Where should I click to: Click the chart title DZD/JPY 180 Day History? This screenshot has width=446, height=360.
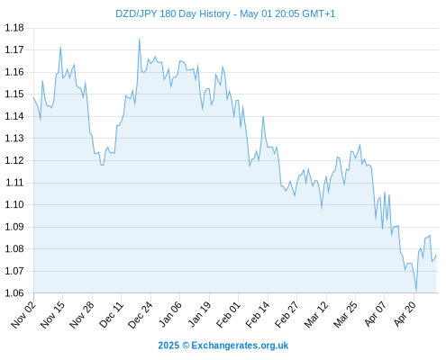(x=173, y=13)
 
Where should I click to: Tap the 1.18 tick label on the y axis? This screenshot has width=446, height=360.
(x=14, y=28)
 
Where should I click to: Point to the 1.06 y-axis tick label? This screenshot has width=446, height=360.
(x=14, y=293)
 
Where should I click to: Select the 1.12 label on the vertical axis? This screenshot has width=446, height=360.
(x=14, y=160)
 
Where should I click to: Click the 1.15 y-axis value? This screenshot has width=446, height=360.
(x=14, y=94)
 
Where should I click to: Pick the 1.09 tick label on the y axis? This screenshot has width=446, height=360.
(x=14, y=227)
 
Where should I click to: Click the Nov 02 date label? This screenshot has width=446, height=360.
(x=23, y=315)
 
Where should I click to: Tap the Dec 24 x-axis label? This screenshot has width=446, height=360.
(x=141, y=315)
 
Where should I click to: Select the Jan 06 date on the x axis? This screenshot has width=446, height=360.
(x=170, y=315)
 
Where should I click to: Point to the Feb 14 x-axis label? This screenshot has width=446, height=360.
(x=258, y=315)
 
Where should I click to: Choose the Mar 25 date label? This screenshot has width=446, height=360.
(x=345, y=315)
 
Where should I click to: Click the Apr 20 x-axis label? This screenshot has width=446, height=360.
(x=405, y=314)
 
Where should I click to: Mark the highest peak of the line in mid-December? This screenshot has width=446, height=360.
(x=139, y=39)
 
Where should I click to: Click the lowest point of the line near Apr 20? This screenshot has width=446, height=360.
(x=416, y=292)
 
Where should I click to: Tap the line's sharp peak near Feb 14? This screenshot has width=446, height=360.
(x=263, y=116)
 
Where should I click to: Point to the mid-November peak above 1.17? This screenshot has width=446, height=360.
(x=60, y=47)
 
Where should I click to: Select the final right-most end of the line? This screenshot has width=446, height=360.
(x=436, y=255)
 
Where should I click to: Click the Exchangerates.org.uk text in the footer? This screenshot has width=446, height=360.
(x=240, y=346)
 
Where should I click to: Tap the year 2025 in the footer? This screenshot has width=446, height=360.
(x=168, y=346)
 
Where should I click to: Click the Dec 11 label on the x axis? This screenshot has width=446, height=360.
(x=112, y=315)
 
